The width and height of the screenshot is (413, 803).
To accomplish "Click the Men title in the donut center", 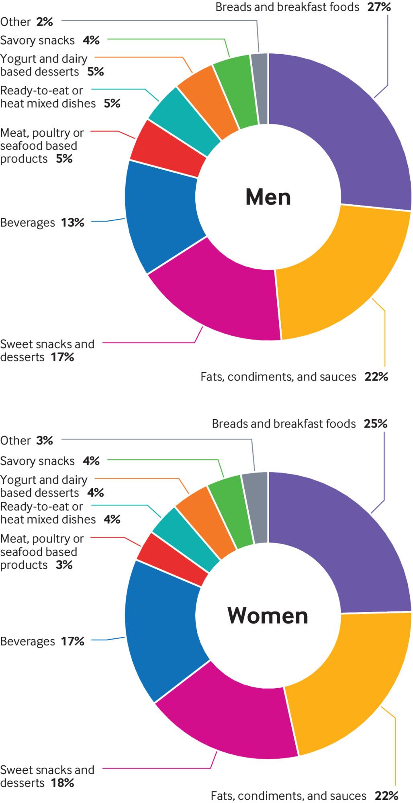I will (268, 197).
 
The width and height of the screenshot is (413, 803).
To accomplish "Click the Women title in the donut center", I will (268, 615).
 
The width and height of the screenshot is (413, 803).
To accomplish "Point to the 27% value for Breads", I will (379, 7).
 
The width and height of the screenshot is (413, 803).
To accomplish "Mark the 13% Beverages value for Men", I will (73, 222).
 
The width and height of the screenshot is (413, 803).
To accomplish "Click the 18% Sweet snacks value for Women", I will (62, 783).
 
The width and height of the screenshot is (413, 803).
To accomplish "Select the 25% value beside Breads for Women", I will (375, 424).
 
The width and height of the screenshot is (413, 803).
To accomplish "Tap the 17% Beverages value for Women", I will (73, 641).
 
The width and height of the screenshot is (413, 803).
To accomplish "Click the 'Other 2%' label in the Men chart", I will (27, 22).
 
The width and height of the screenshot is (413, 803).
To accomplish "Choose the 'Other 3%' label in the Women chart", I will (27, 440).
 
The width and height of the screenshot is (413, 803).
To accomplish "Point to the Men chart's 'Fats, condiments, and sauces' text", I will (278, 377).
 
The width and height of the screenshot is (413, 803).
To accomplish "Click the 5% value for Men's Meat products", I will (64, 159).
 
